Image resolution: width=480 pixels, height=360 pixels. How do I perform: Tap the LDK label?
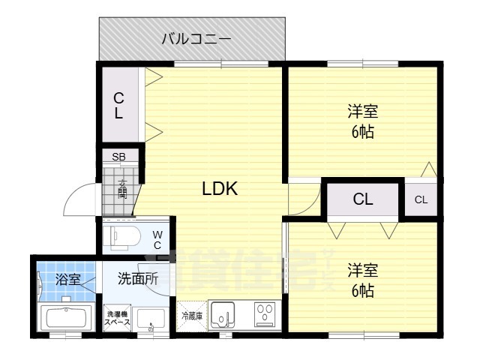(x=220, y=189)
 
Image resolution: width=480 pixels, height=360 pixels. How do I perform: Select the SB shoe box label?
(x=118, y=157)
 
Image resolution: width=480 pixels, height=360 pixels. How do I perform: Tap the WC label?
(x=158, y=239)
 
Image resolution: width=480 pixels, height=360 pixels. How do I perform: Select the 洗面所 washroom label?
(x=138, y=279)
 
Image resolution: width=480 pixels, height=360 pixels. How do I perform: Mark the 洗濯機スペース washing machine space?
(x=118, y=317)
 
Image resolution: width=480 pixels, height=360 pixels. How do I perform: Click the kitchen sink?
(x=223, y=315)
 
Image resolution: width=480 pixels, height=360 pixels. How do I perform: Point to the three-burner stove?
(x=264, y=314)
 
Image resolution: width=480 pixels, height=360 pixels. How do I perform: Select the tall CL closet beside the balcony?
(x=119, y=105)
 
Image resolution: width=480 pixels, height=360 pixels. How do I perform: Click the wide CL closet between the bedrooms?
(x=363, y=199)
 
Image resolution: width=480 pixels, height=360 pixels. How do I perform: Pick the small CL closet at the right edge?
(x=421, y=199)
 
